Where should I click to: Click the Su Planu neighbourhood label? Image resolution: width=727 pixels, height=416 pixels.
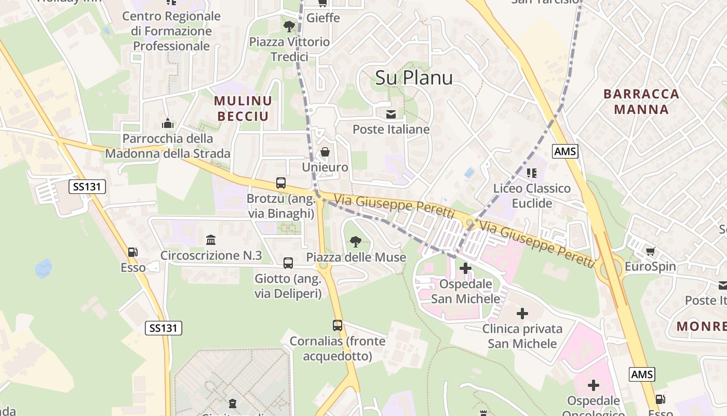click(x=413, y=78)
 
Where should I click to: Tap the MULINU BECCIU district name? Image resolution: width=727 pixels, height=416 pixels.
click(x=243, y=108)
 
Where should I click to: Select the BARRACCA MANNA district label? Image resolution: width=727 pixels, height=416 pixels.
click(x=641, y=101)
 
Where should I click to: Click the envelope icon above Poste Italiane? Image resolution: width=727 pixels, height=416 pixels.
click(x=391, y=114)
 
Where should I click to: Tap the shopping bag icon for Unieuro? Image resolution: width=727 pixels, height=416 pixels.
click(x=325, y=152)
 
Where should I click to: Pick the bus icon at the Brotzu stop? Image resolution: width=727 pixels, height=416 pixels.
click(x=281, y=183)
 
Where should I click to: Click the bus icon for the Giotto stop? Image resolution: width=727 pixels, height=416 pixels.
click(x=288, y=263)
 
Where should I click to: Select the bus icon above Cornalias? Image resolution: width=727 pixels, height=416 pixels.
click(x=338, y=326)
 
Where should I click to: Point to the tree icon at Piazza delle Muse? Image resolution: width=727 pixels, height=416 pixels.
click(x=356, y=241)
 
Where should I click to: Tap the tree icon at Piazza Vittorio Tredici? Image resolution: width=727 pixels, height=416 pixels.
click(x=289, y=26)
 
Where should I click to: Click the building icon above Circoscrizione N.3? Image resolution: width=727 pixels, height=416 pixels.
click(x=211, y=240)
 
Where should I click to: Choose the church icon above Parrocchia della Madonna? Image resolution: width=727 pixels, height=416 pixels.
click(x=167, y=123)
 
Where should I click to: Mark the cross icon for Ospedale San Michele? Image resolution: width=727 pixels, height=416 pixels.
click(x=465, y=268)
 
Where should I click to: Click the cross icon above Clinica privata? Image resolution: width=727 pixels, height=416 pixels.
click(x=522, y=313)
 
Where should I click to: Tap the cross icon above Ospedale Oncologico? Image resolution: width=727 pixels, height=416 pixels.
click(x=593, y=385)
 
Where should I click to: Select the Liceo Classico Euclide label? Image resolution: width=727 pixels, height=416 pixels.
click(x=532, y=196)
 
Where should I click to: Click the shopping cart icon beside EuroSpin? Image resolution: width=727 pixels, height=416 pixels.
click(x=650, y=252)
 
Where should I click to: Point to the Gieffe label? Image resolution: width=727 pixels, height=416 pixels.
click(x=323, y=18)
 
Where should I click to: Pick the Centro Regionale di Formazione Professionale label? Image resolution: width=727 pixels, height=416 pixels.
click(x=171, y=31)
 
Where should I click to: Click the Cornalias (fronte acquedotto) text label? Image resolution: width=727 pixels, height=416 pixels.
click(x=338, y=348)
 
